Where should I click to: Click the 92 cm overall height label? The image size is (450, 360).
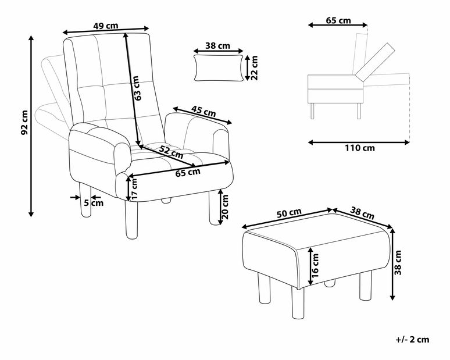pyautogui.click(x=24, y=122)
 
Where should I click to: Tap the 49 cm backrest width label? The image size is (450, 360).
pyautogui.click(x=106, y=26)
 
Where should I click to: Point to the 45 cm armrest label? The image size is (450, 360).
pyautogui.click(x=203, y=111)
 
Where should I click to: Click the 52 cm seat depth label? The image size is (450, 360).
pyautogui.click(x=172, y=152)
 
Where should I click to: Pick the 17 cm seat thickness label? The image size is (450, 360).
pyautogui.click(x=134, y=188)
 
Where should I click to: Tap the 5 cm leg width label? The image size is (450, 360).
pyautogui.click(x=94, y=203)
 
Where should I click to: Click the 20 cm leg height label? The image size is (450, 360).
pyautogui.click(x=225, y=207)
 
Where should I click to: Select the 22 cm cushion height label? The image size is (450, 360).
pyautogui.click(x=254, y=67)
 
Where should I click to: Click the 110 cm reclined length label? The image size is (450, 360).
pyautogui.click(x=360, y=148)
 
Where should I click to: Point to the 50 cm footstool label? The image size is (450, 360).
pyautogui.click(x=290, y=213)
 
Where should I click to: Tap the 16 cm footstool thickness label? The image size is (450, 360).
pyautogui.click(x=315, y=265)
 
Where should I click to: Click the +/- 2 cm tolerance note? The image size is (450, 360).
pyautogui.click(x=413, y=340)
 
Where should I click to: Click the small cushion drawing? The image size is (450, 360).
pyautogui.click(x=218, y=68)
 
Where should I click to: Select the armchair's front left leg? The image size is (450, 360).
pyautogui.click(x=131, y=220)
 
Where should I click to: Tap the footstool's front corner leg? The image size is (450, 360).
pyautogui.click(x=298, y=302)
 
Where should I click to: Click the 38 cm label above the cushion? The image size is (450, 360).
pyautogui.click(x=218, y=45)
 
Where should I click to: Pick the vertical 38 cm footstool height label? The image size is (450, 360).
pyautogui.click(x=398, y=263)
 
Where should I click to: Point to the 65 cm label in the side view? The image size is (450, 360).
pyautogui.click(x=338, y=21)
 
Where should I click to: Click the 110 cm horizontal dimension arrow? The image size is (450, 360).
pyautogui.click(x=359, y=142)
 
